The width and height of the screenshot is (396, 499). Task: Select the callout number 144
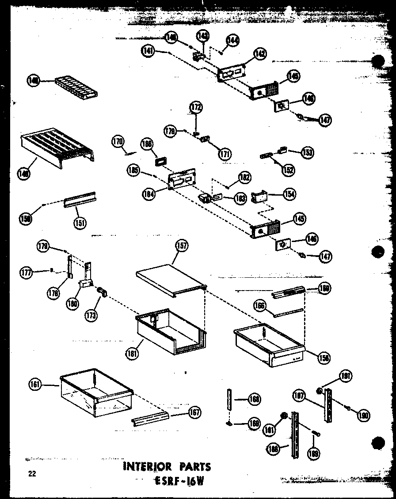pos(232,41)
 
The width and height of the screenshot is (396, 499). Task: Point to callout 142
pos(260,54)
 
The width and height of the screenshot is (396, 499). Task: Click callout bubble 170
pos(117,142)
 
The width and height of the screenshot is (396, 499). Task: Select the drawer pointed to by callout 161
pos(96,393)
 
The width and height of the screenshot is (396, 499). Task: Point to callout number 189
pos(315,453)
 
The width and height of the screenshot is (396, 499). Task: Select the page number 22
pos(31,474)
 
